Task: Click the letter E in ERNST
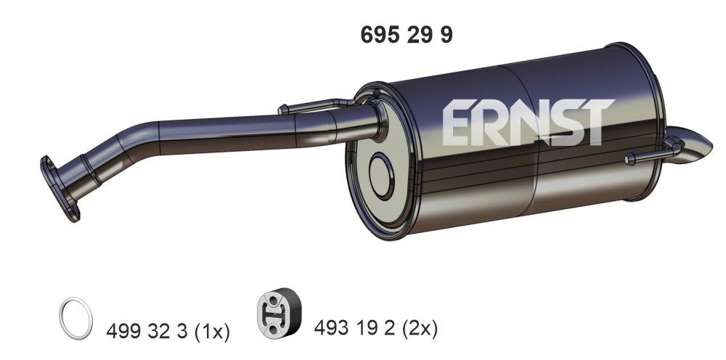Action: (457, 123)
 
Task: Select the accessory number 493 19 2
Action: (353, 329)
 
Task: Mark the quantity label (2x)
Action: (420, 329)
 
